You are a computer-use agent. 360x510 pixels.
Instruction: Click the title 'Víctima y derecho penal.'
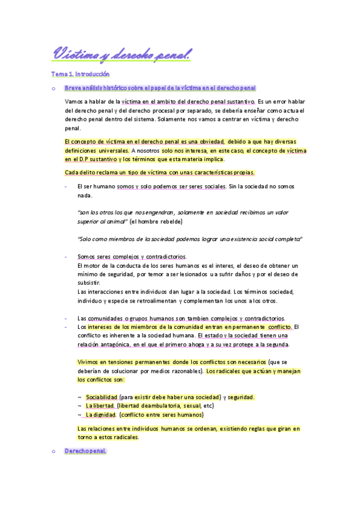pyautogui.click(x=121, y=54)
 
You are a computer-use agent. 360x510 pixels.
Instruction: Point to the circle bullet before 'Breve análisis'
pyautogui.click(x=53, y=89)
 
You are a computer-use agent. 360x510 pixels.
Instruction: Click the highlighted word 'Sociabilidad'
pyautogui.click(x=102, y=397)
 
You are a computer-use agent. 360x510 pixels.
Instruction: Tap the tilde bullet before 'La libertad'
pyautogui.click(x=80, y=406)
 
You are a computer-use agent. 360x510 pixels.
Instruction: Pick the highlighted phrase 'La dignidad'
pyautogui.click(x=102, y=414)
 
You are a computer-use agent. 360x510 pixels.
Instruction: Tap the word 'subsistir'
pyautogui.click(x=89, y=283)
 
